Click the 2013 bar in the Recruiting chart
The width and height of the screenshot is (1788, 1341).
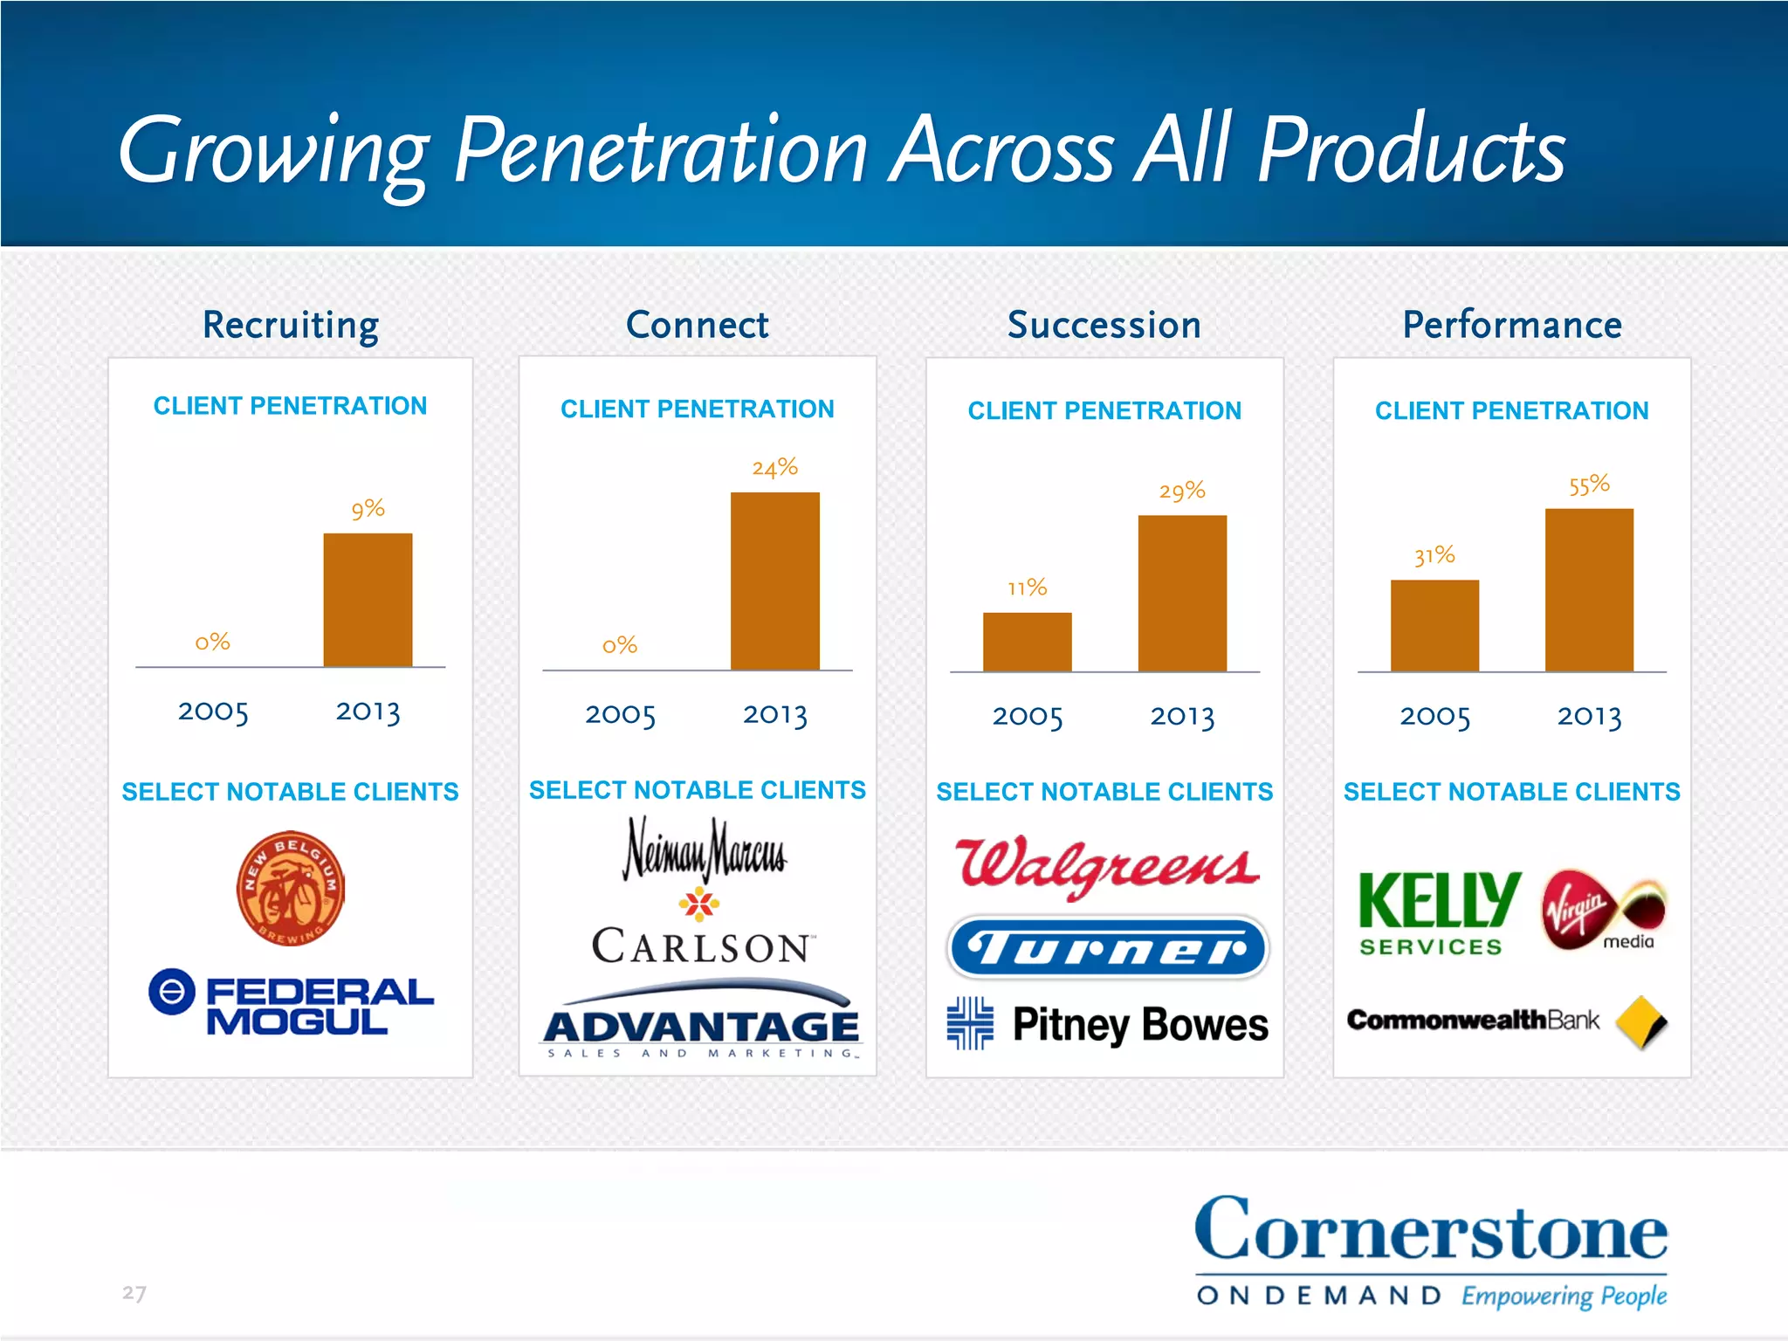(368, 600)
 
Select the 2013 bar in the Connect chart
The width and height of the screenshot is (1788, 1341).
(774, 581)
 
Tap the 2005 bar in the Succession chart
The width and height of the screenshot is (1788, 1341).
(1027, 642)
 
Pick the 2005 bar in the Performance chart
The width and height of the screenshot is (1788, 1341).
(1434, 625)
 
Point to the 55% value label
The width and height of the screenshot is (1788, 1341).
(1588, 485)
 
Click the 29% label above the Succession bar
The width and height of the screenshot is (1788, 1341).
(1181, 491)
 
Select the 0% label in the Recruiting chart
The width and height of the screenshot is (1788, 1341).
(212, 643)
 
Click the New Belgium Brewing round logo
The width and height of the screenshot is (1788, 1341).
(291, 887)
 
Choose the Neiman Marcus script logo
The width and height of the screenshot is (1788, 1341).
(704, 849)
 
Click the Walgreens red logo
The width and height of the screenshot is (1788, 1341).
(1106, 866)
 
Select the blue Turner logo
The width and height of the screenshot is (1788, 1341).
(1107, 947)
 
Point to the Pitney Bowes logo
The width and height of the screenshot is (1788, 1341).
(1107, 1024)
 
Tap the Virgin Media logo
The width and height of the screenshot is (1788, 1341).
(1603, 912)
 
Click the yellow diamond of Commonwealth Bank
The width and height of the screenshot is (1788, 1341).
(1641, 1021)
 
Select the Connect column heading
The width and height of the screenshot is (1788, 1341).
(697, 325)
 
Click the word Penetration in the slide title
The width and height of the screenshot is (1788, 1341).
(660, 151)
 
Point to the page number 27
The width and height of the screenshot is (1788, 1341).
(134, 1293)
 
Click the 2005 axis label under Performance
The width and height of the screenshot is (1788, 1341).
(1434, 717)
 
